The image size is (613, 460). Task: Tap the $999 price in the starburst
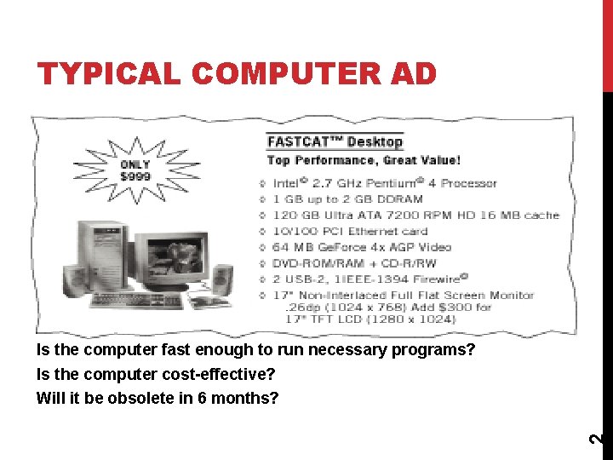click(135, 177)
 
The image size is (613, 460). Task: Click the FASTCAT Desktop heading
click(335, 142)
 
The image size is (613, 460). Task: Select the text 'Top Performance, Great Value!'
click(364, 160)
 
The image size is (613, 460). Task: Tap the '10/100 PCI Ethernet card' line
click(349, 231)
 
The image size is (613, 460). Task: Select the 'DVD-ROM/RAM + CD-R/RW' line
click(353, 263)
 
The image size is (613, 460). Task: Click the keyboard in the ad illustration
click(136, 301)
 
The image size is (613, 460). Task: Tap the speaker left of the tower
click(75, 277)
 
